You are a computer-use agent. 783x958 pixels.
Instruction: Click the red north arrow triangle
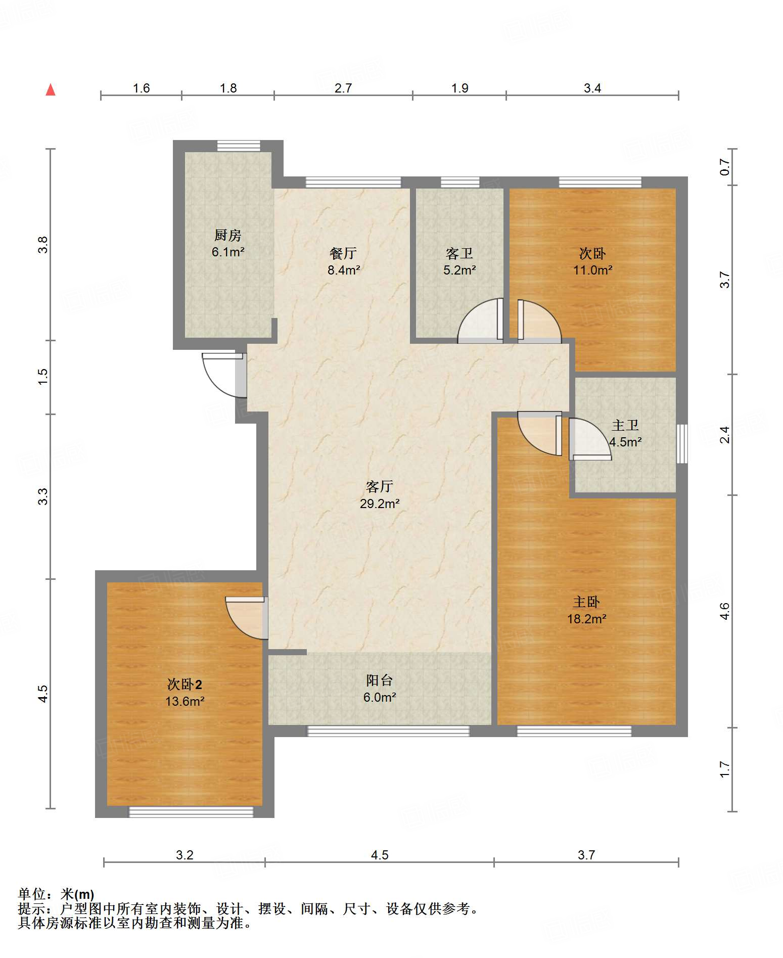pyautogui.click(x=51, y=90)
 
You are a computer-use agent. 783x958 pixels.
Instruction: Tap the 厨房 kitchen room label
pyautogui.click(x=227, y=235)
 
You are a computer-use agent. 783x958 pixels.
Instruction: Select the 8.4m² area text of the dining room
pyautogui.click(x=344, y=270)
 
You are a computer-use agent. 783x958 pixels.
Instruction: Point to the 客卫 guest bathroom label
pyautogui.click(x=459, y=253)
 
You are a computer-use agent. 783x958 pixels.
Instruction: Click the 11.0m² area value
pyautogui.click(x=592, y=270)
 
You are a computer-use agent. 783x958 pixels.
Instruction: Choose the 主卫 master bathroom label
pyautogui.click(x=625, y=425)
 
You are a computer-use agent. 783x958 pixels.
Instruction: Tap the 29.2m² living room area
pyautogui.click(x=380, y=504)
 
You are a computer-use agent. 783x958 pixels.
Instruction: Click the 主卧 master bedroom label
pyautogui.click(x=586, y=602)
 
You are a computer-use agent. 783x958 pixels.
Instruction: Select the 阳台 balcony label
pyautogui.click(x=380, y=680)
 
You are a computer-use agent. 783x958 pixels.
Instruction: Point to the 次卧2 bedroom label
pyautogui.click(x=185, y=685)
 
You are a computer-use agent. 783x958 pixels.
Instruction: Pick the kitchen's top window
pyautogui.click(x=239, y=146)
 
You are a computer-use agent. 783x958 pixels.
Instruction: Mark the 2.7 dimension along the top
pyautogui.click(x=343, y=88)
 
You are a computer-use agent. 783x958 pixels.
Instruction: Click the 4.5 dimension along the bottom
pyautogui.click(x=380, y=855)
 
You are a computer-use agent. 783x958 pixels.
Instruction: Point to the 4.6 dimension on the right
pyautogui.click(x=725, y=611)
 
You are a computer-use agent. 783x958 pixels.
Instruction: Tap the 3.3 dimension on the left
pyautogui.click(x=43, y=496)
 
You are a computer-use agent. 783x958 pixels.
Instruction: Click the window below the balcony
pyautogui.click(x=389, y=731)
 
